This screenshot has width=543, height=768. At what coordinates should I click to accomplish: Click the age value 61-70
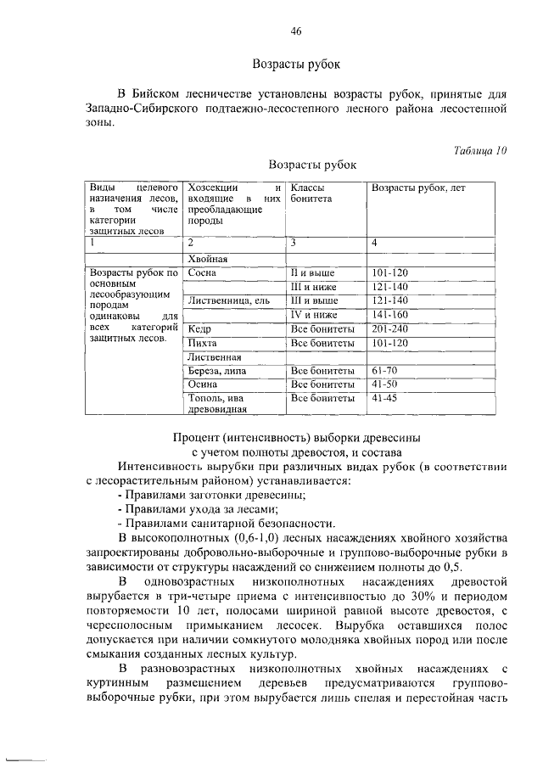(384, 371)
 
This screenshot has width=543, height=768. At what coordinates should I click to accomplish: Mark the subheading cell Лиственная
(213, 357)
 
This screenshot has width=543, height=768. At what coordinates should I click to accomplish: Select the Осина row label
(204, 384)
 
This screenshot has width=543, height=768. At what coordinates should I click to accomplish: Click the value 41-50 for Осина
(384, 384)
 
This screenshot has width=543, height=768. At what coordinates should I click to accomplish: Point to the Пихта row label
(203, 343)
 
